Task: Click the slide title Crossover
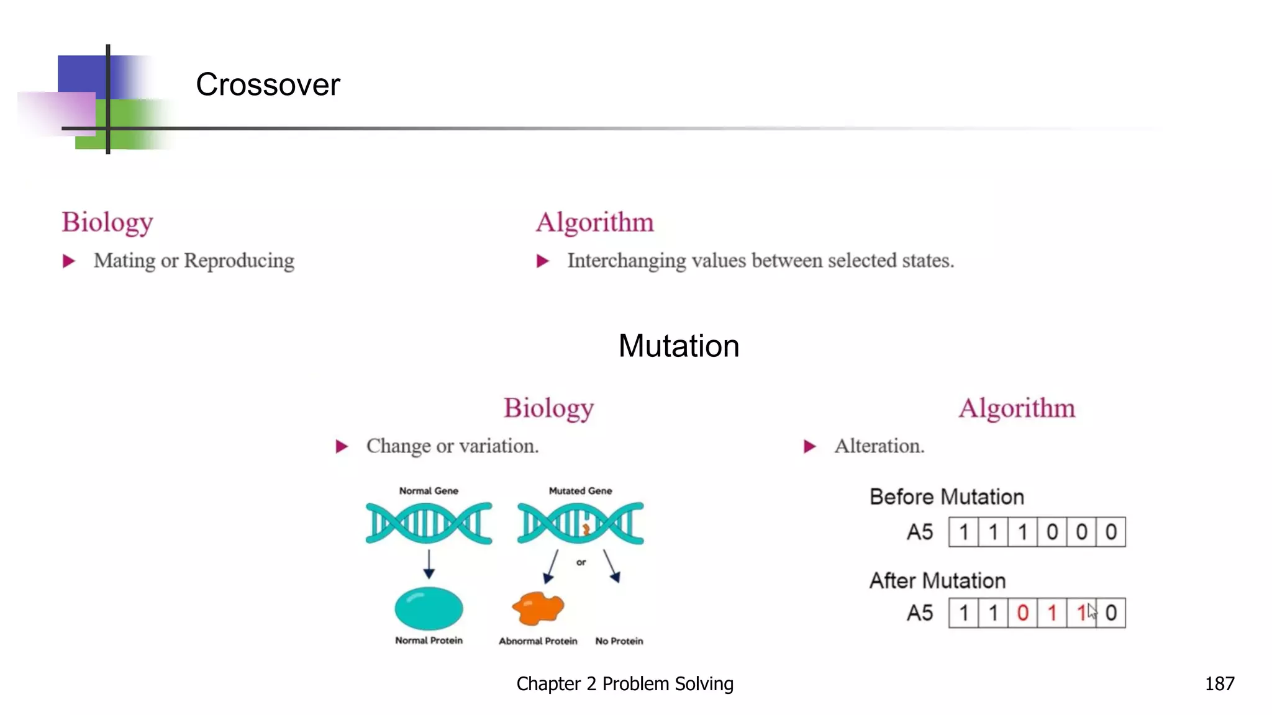(268, 84)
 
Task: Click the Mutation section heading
(678, 346)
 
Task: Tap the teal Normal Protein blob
(429, 608)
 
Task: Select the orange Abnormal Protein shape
(538, 608)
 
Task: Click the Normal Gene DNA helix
(429, 523)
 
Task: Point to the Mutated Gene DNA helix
(580, 523)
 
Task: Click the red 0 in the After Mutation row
(1022, 613)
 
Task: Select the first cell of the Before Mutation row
(963, 532)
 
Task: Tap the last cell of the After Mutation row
(1111, 613)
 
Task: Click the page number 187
(1219, 683)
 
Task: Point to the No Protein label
(619, 641)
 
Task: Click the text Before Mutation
(947, 497)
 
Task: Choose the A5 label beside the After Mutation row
(919, 613)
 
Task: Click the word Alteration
(879, 446)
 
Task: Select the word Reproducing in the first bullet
(239, 261)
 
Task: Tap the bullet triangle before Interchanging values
(543, 261)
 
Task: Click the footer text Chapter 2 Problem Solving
(625, 683)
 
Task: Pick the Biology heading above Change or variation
(548, 408)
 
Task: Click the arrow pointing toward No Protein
(611, 565)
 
